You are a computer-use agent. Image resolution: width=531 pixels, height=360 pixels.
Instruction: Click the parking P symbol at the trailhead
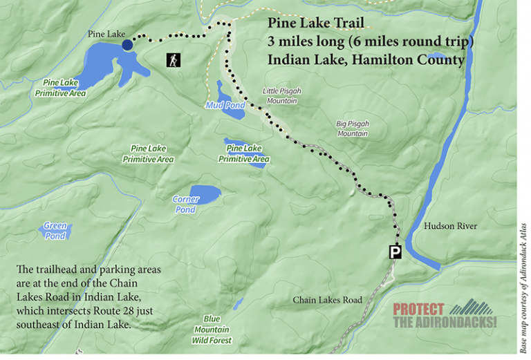pos(395,252)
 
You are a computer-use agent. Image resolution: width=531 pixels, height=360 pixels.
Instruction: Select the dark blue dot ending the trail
pos(127,45)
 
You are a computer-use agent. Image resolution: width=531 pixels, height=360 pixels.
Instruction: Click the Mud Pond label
pos(222,105)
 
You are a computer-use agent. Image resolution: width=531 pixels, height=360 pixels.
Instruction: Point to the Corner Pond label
pos(185,205)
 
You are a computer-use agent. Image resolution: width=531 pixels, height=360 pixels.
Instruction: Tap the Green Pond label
pos(55,231)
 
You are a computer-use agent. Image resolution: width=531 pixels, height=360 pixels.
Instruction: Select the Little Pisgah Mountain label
pos(279,96)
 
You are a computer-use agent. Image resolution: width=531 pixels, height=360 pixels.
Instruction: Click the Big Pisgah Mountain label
pos(352,129)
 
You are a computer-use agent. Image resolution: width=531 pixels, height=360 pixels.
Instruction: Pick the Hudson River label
pos(450,226)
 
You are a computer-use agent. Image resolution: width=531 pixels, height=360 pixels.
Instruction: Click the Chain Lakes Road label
pos(327,300)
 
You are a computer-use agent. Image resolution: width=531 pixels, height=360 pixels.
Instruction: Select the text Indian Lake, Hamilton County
pos(366,60)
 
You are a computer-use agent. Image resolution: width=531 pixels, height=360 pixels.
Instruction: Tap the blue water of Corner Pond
pos(204,192)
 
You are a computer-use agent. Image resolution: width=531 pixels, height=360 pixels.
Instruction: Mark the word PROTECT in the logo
pos(420,310)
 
